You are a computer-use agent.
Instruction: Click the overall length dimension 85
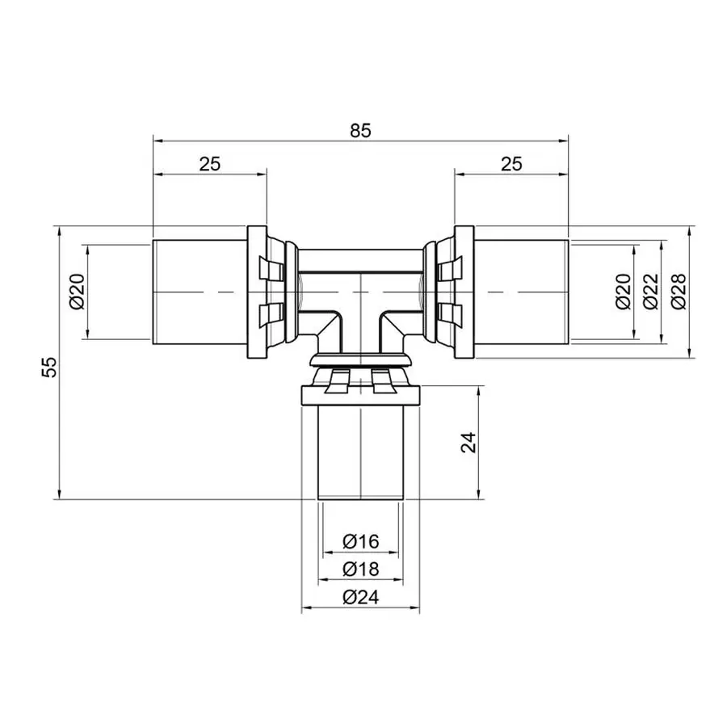pos(360,130)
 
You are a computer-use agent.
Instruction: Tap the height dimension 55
pos(50,367)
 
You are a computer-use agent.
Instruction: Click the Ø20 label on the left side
pos(77,292)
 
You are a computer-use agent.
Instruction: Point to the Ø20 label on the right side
pos(623,292)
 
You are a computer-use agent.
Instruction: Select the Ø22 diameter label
pos(651,292)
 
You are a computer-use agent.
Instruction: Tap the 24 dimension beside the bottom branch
pos(469,443)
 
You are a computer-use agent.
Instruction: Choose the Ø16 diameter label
pos(360,542)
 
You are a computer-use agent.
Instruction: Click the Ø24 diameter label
pos(360,598)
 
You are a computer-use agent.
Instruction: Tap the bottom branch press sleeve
pos(360,452)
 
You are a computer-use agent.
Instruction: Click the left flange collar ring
pos(256,292)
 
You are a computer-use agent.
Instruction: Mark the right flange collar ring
pos(464,292)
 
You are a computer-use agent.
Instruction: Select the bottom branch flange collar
pos(360,396)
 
